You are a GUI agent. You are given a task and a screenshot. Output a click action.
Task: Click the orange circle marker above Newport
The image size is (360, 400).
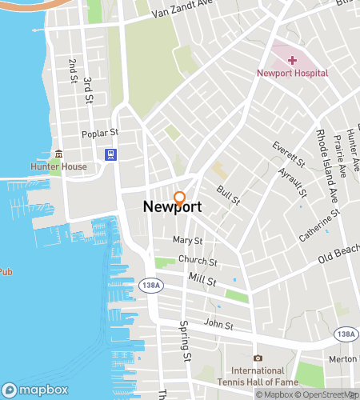180,197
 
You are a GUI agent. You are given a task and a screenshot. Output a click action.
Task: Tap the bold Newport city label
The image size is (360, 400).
172,207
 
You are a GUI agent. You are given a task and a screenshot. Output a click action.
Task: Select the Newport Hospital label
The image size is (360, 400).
292,73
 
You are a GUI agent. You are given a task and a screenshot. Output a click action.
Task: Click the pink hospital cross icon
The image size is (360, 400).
292,60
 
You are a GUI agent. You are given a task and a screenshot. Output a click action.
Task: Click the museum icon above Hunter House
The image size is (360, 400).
57,154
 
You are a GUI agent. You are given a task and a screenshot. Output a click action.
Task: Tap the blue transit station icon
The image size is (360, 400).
111,154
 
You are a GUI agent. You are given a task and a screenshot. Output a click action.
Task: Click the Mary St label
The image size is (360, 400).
188,240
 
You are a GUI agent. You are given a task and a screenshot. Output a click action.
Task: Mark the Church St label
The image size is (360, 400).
198,262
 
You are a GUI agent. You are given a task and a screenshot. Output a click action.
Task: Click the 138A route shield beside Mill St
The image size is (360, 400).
148,284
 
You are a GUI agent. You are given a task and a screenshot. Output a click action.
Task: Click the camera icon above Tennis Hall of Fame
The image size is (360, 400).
258,358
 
